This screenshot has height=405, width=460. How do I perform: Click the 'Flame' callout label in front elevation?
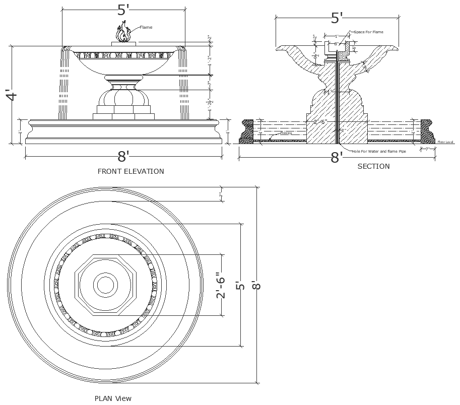[146, 27]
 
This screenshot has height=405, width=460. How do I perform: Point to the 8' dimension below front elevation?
[124, 155]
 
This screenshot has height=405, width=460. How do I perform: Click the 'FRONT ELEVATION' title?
[130, 171]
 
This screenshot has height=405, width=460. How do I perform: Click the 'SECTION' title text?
[373, 166]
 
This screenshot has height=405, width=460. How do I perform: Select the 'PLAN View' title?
[113, 398]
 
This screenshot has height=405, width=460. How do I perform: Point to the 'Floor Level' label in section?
[446, 142]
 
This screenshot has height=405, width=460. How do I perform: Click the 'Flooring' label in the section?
[286, 133]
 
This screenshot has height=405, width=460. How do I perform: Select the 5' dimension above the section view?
[337, 18]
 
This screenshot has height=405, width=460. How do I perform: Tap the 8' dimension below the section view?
[336, 158]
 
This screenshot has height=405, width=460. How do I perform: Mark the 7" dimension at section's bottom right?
[427, 149]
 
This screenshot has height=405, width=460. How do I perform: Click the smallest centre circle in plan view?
[105, 285]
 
